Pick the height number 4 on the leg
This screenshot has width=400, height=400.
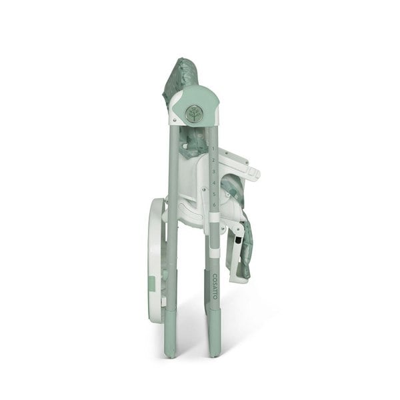point(214,183)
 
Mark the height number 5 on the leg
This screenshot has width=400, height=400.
point(214,194)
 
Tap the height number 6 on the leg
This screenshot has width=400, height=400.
point(214,205)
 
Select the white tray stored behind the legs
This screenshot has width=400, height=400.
point(155,260)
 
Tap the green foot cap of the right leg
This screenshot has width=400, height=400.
point(215,340)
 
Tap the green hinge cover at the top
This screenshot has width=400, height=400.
point(200,100)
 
